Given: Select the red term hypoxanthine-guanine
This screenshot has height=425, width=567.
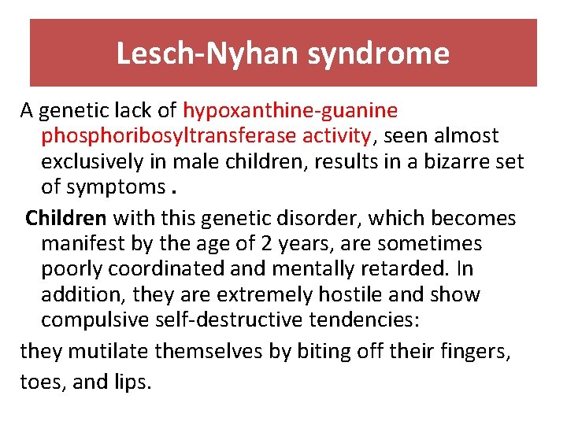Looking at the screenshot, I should tap(291, 110).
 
